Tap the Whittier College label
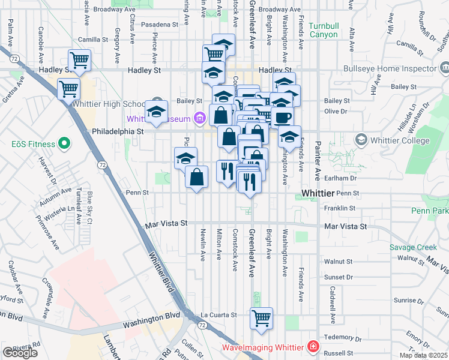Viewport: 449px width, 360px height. (400, 140)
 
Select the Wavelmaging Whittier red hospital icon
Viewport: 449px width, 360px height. (313, 347)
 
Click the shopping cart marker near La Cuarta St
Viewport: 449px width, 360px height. (261, 318)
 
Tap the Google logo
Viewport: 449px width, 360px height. (20, 353)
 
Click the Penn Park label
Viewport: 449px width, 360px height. (430, 211)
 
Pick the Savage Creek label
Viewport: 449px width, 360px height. (413, 247)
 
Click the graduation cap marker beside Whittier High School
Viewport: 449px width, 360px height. (157, 112)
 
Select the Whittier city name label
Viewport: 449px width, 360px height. (316, 193)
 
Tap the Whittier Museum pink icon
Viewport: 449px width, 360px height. (199, 118)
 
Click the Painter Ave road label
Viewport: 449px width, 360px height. (318, 165)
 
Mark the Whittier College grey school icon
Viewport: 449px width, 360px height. (361, 140)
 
